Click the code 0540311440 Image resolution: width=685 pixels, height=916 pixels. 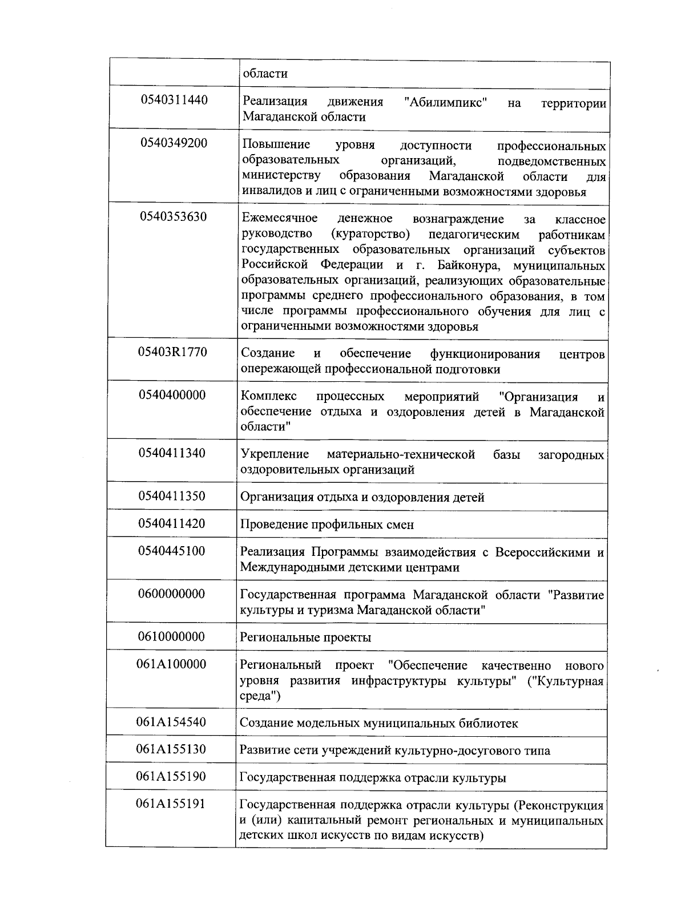174,100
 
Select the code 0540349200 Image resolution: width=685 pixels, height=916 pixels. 174,143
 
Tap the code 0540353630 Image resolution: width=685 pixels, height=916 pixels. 174,217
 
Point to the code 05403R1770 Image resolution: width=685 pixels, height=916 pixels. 172,352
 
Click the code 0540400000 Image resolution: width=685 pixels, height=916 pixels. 172,395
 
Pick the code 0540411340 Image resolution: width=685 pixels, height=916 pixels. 172,453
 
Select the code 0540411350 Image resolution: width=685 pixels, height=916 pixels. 172,495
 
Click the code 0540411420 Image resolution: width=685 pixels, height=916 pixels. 172,523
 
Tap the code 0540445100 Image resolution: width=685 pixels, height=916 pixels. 172,551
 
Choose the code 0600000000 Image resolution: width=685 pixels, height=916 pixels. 171,594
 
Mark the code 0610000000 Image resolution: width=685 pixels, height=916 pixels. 171,636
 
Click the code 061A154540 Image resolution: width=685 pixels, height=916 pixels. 171,722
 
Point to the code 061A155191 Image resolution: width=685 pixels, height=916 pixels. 171,804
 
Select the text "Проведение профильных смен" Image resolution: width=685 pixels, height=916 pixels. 327,524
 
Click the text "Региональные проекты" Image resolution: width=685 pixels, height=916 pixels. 305,637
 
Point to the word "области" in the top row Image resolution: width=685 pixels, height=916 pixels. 265,74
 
